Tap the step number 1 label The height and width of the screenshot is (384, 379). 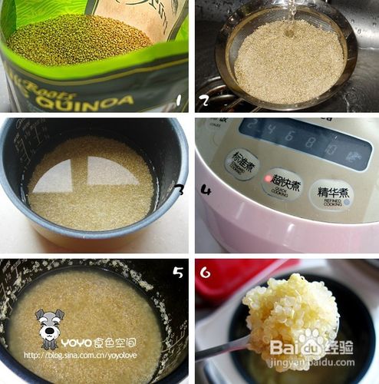click(x=178, y=100)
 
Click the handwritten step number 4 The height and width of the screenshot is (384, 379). click(x=206, y=190)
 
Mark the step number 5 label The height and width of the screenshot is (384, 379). click(x=177, y=272)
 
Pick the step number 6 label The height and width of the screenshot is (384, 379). click(x=206, y=272)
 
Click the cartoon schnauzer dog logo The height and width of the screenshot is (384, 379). click(x=49, y=329)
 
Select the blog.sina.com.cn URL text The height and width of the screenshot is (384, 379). click(x=74, y=356)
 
